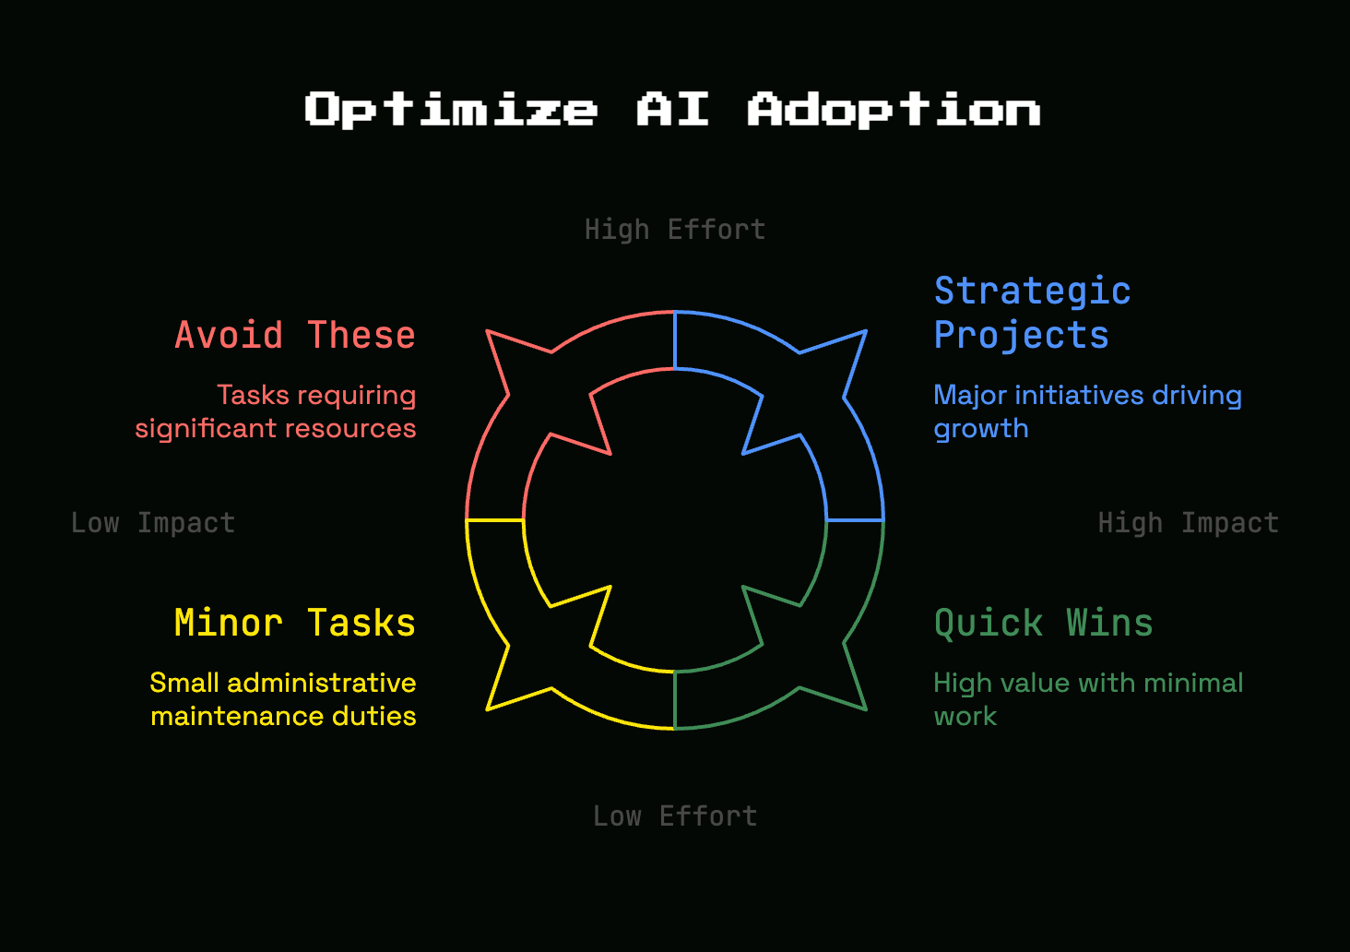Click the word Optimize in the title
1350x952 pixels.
pyautogui.click(x=451, y=109)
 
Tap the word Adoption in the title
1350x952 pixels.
pyautogui.click(x=894, y=109)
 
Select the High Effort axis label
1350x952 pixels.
pyautogui.click(x=675, y=230)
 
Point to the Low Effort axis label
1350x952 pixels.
pyautogui.click(x=675, y=816)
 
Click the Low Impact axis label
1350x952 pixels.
pyautogui.click(x=153, y=523)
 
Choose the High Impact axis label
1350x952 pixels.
pyautogui.click(x=1189, y=523)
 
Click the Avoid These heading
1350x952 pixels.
pyautogui.click(x=295, y=335)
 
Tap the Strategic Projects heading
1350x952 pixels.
pyautogui.click(x=1032, y=313)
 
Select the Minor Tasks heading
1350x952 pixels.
pyautogui.click(x=295, y=623)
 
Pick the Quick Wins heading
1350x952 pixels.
pyautogui.click(x=1043, y=623)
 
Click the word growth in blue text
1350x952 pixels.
pyautogui.click(x=981, y=429)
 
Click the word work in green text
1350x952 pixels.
pyautogui.click(x=965, y=716)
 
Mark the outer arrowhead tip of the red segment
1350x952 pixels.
pyautogui.click(x=487, y=331)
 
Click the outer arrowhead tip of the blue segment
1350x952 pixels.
pyautogui.click(x=866, y=330)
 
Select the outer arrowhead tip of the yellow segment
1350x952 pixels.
pyautogui.click(x=487, y=709)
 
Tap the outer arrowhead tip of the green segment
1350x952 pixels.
pyautogui.click(x=866, y=709)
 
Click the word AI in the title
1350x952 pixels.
pyautogui.click(x=672, y=109)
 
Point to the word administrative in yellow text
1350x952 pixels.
pyautogui.click(x=322, y=684)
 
